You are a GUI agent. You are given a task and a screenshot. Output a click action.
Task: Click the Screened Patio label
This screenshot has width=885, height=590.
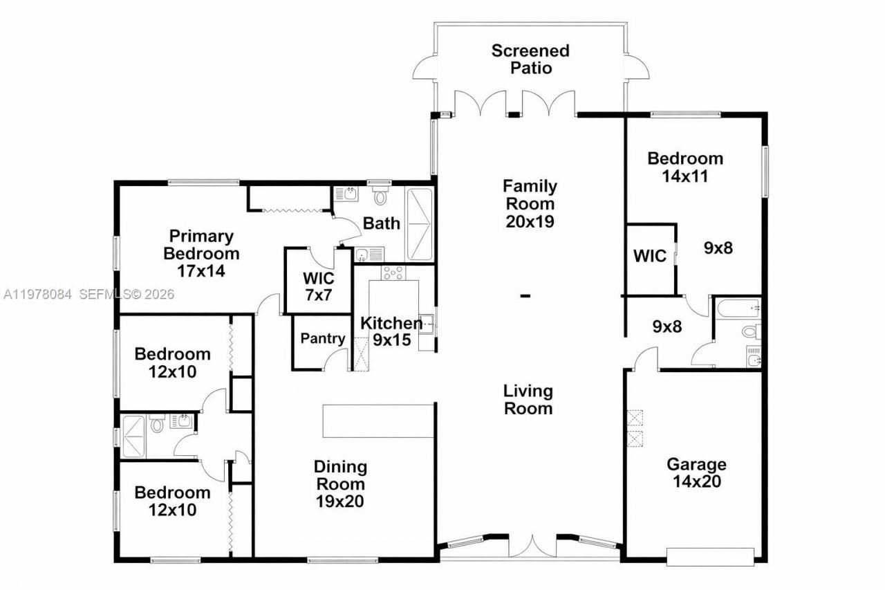point(530,59)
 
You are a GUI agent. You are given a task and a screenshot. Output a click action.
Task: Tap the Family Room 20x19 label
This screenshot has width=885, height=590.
point(530,203)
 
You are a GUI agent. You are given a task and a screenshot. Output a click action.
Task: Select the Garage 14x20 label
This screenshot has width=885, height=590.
point(696,472)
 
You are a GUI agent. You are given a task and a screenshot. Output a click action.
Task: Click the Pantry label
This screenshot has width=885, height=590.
point(323,339)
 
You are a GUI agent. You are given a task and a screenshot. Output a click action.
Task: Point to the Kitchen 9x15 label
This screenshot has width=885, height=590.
point(391,331)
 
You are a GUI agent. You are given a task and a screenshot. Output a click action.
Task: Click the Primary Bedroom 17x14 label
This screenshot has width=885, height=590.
point(201,253)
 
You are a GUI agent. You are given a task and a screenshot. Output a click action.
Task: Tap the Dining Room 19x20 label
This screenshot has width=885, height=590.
point(339,483)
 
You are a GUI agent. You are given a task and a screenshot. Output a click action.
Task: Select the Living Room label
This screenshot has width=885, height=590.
point(528,399)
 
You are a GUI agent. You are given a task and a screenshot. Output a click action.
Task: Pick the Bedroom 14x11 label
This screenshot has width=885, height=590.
point(685,167)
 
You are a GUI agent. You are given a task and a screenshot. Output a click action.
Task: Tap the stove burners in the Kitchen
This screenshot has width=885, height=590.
point(393,273)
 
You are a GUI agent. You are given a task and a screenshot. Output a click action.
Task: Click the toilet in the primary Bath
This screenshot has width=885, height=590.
point(379,196)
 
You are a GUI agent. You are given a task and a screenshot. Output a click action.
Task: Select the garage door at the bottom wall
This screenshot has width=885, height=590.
point(710,556)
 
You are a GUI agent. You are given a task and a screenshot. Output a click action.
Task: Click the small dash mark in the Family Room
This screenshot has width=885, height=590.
point(525,296)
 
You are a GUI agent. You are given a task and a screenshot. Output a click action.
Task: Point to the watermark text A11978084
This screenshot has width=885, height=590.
point(38,295)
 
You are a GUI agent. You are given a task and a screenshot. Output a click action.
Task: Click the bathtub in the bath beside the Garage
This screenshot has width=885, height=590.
point(738,307)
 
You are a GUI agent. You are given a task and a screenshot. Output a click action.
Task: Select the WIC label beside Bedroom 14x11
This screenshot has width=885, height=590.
point(650,256)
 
